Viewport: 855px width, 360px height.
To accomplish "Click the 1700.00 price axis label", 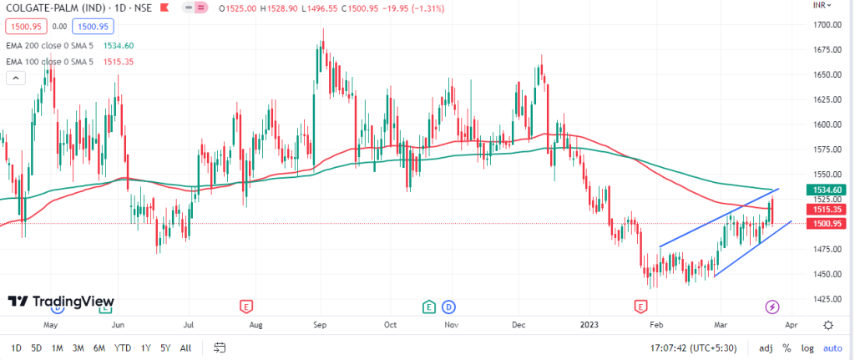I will pyautogui.click(x=826, y=24).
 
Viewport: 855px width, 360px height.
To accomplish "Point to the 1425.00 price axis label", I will pyautogui.click(x=826, y=298).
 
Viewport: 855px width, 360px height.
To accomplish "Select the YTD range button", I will pyautogui.click(x=122, y=347).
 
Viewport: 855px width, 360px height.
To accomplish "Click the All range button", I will pyautogui.click(x=185, y=347).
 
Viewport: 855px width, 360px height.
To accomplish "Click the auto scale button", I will pyautogui.click(x=832, y=347).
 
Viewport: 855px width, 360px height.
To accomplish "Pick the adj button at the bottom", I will pyautogui.click(x=766, y=347).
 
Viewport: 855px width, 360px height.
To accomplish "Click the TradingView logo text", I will pyautogui.click(x=62, y=302).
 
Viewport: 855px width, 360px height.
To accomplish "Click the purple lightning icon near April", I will pyautogui.click(x=772, y=307).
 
